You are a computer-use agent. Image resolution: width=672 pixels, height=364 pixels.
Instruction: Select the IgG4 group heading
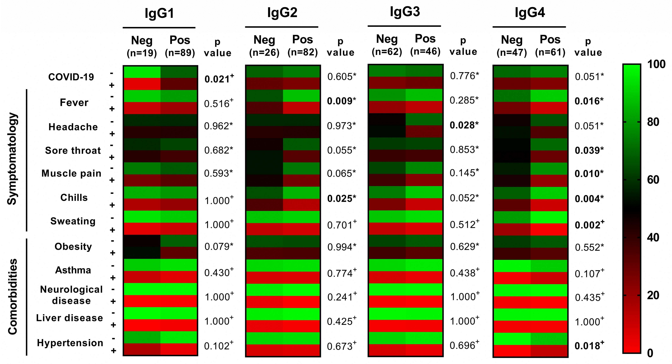pyautogui.click(x=530, y=13)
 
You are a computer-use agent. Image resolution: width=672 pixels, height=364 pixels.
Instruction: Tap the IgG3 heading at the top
pyautogui.click(x=405, y=12)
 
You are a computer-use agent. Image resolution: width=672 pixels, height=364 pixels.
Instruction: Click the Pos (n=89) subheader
pyautogui.click(x=180, y=46)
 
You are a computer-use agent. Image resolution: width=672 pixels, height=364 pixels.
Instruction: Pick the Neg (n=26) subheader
pyautogui.click(x=264, y=46)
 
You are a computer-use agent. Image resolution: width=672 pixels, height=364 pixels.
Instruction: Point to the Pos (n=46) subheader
pyautogui.click(x=425, y=45)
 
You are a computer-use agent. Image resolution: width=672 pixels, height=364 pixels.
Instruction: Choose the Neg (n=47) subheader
pyautogui.click(x=512, y=46)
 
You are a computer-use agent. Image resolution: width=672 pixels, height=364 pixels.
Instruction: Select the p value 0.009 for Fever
pyautogui.click(x=341, y=101)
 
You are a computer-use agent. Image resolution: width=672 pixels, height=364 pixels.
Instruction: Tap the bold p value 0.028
pyautogui.click(x=464, y=125)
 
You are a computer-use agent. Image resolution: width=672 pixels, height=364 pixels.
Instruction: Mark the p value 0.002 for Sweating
pyautogui.click(x=589, y=225)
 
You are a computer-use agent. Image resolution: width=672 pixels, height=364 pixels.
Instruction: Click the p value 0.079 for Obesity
pyautogui.click(x=219, y=247)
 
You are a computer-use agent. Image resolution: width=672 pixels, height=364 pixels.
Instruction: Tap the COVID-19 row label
pyautogui.click(x=71, y=77)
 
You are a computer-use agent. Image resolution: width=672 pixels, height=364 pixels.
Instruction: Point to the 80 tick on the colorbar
pyautogui.click(x=653, y=122)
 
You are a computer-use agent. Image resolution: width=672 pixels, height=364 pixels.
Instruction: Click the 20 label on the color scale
pyautogui.click(x=653, y=295)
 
